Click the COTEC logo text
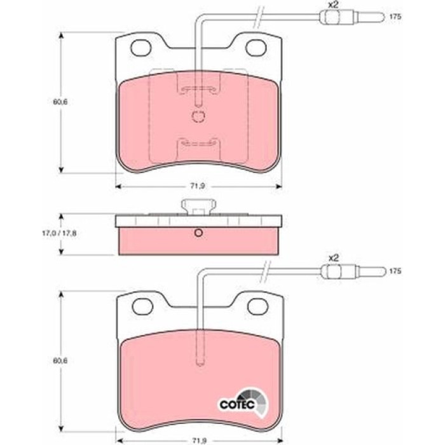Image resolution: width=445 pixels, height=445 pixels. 237,404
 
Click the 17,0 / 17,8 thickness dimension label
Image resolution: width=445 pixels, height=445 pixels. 59,233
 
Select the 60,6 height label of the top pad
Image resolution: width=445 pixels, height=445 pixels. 60,102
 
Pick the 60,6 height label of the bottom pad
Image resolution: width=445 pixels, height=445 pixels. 60,360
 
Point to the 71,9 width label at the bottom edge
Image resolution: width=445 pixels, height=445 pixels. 198,441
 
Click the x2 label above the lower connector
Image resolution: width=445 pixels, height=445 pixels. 334,258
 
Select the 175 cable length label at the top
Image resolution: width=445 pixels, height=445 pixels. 395,17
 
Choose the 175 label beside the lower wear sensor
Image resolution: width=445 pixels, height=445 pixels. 395,271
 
